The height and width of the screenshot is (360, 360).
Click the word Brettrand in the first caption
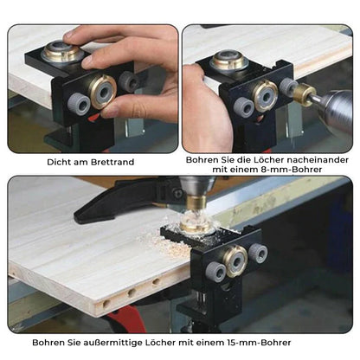coord(112,162)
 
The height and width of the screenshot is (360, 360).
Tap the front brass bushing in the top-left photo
coord(103,91)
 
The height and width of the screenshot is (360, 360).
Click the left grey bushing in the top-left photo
coord(79,104)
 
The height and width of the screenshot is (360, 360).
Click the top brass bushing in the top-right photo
coord(229,60)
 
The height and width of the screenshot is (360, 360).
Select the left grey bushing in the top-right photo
coord(244,106)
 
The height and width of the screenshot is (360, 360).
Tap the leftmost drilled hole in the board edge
coord(106,304)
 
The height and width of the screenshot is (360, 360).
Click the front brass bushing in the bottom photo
coord(235,261)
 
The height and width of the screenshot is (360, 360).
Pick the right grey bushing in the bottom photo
coord(258,253)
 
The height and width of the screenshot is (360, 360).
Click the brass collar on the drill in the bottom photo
coord(196,203)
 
